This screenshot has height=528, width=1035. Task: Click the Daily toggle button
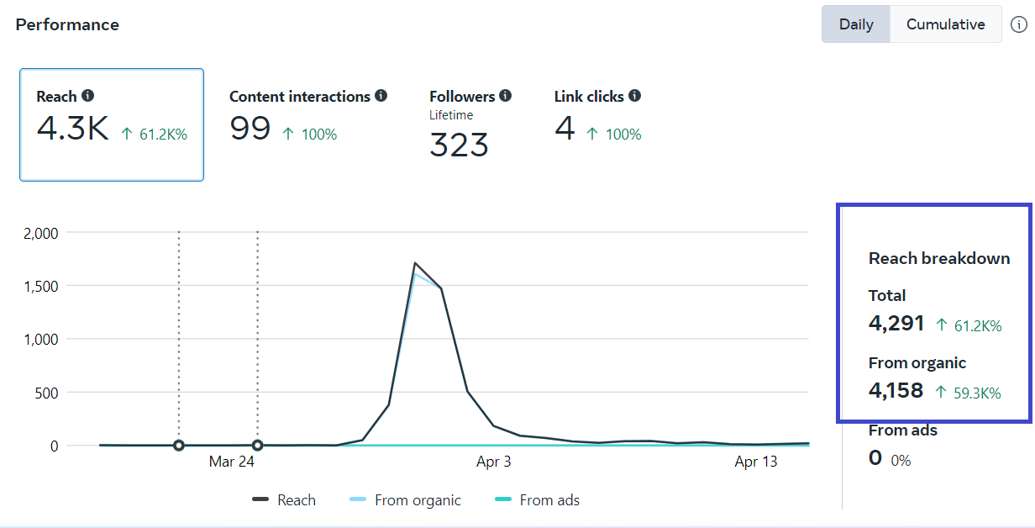(856, 24)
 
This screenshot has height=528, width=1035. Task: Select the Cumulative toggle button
(945, 24)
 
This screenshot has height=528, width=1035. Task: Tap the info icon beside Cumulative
(1018, 24)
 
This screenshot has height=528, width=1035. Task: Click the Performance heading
(67, 24)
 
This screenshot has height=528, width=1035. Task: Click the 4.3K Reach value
(72, 129)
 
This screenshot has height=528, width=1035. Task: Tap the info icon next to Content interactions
(381, 96)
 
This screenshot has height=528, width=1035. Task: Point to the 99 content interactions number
(250, 129)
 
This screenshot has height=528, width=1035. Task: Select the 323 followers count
(459, 145)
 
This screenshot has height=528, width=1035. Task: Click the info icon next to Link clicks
(634, 96)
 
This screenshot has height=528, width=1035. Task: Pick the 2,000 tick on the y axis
(40, 233)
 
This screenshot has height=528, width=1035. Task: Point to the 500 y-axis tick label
(45, 393)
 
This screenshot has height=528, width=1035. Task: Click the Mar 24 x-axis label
(232, 462)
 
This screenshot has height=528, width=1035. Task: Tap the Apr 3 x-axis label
(493, 462)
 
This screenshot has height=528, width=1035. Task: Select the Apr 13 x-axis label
(756, 462)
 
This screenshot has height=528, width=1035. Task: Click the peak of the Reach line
(415, 263)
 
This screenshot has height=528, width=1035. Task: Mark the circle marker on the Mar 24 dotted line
(257, 446)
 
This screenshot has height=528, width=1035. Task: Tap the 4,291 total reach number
(896, 324)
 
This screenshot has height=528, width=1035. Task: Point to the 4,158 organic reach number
(896, 391)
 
